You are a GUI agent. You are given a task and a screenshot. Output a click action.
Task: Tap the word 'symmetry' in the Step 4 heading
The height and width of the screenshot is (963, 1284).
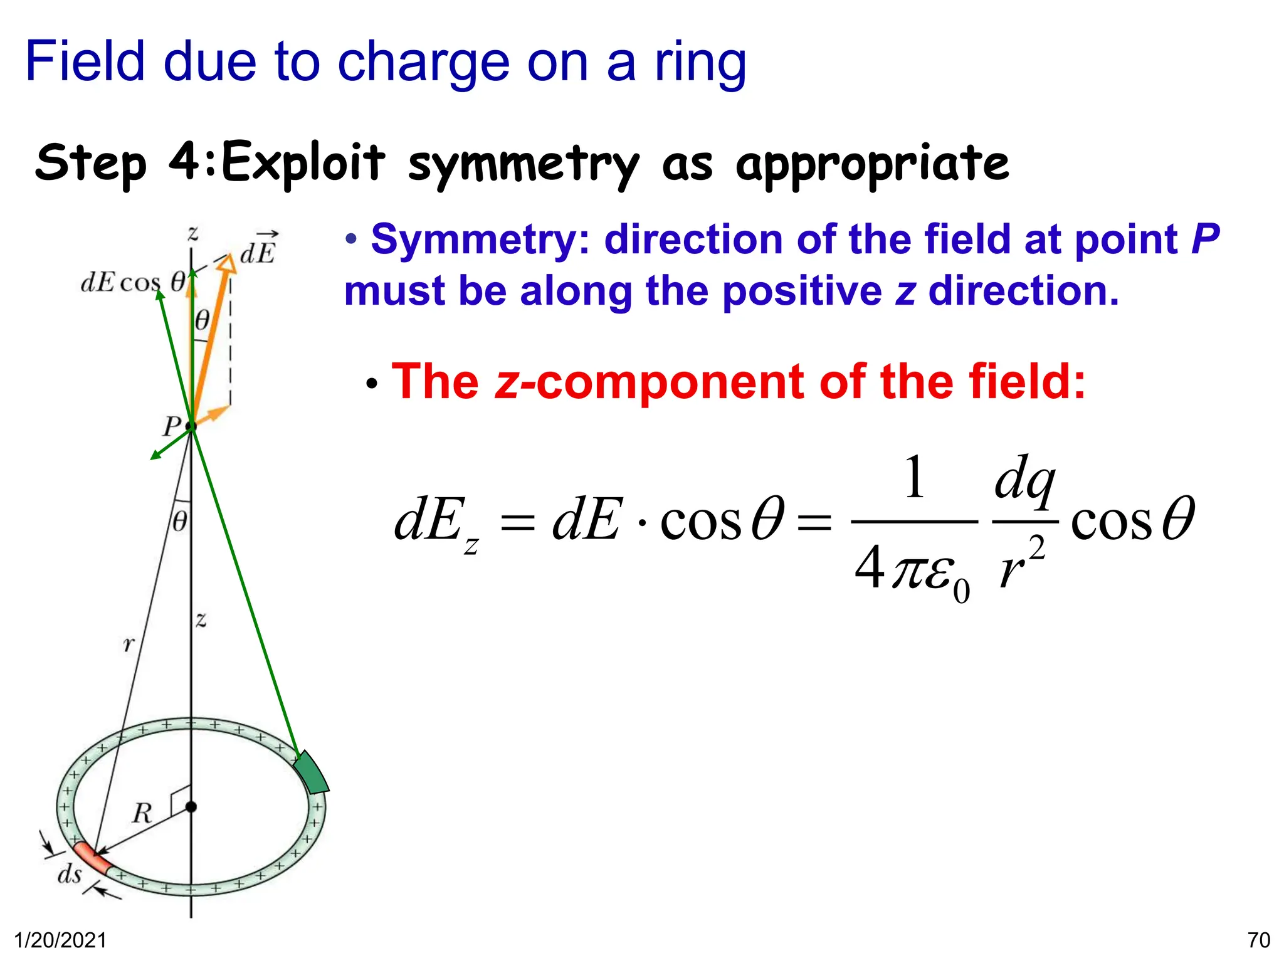click(524, 164)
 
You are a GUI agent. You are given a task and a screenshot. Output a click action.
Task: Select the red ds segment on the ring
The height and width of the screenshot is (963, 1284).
click(92, 857)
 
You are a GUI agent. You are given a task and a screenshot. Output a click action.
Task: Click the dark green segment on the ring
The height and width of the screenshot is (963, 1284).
click(312, 772)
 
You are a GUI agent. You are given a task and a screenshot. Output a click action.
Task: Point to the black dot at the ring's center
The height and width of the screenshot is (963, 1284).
click(191, 806)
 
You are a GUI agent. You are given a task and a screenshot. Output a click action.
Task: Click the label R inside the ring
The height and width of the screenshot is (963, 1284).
click(142, 813)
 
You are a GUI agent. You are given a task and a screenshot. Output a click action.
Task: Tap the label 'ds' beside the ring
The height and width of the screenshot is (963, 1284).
click(70, 873)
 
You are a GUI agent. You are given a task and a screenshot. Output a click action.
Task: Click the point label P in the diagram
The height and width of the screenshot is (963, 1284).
click(171, 427)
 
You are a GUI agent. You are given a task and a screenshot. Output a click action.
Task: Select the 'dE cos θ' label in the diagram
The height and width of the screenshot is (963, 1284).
click(133, 282)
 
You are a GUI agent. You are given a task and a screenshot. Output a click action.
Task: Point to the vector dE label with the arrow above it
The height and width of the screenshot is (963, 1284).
click(258, 249)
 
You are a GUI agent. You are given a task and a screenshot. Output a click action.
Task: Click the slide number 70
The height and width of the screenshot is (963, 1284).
click(1258, 940)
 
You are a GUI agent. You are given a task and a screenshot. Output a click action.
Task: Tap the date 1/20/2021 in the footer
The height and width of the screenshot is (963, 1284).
click(60, 940)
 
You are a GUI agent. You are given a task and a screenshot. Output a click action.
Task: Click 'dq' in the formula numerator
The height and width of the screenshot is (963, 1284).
click(1024, 480)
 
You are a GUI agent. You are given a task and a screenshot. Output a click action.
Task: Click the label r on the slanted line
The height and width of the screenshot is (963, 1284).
click(129, 644)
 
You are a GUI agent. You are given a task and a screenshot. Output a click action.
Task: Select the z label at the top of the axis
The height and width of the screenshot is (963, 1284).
click(193, 234)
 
